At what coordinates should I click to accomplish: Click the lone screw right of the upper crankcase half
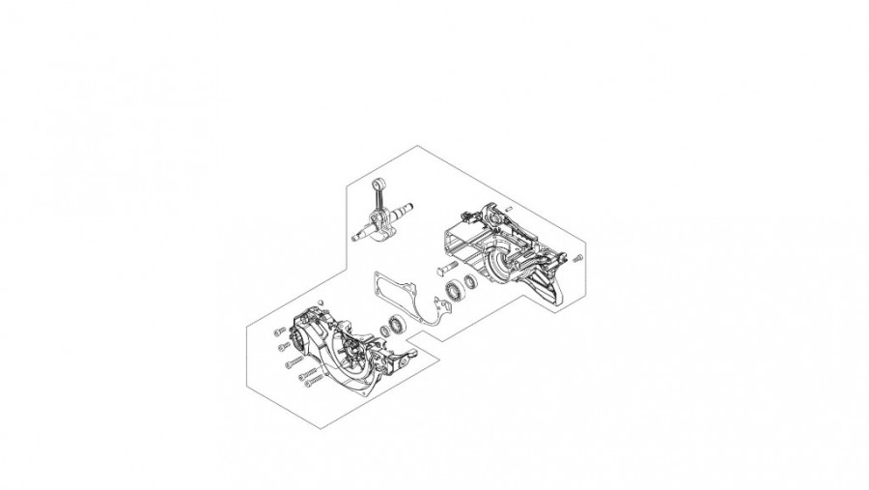coord(577,257)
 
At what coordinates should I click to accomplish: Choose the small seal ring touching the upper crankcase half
coord(471,282)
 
